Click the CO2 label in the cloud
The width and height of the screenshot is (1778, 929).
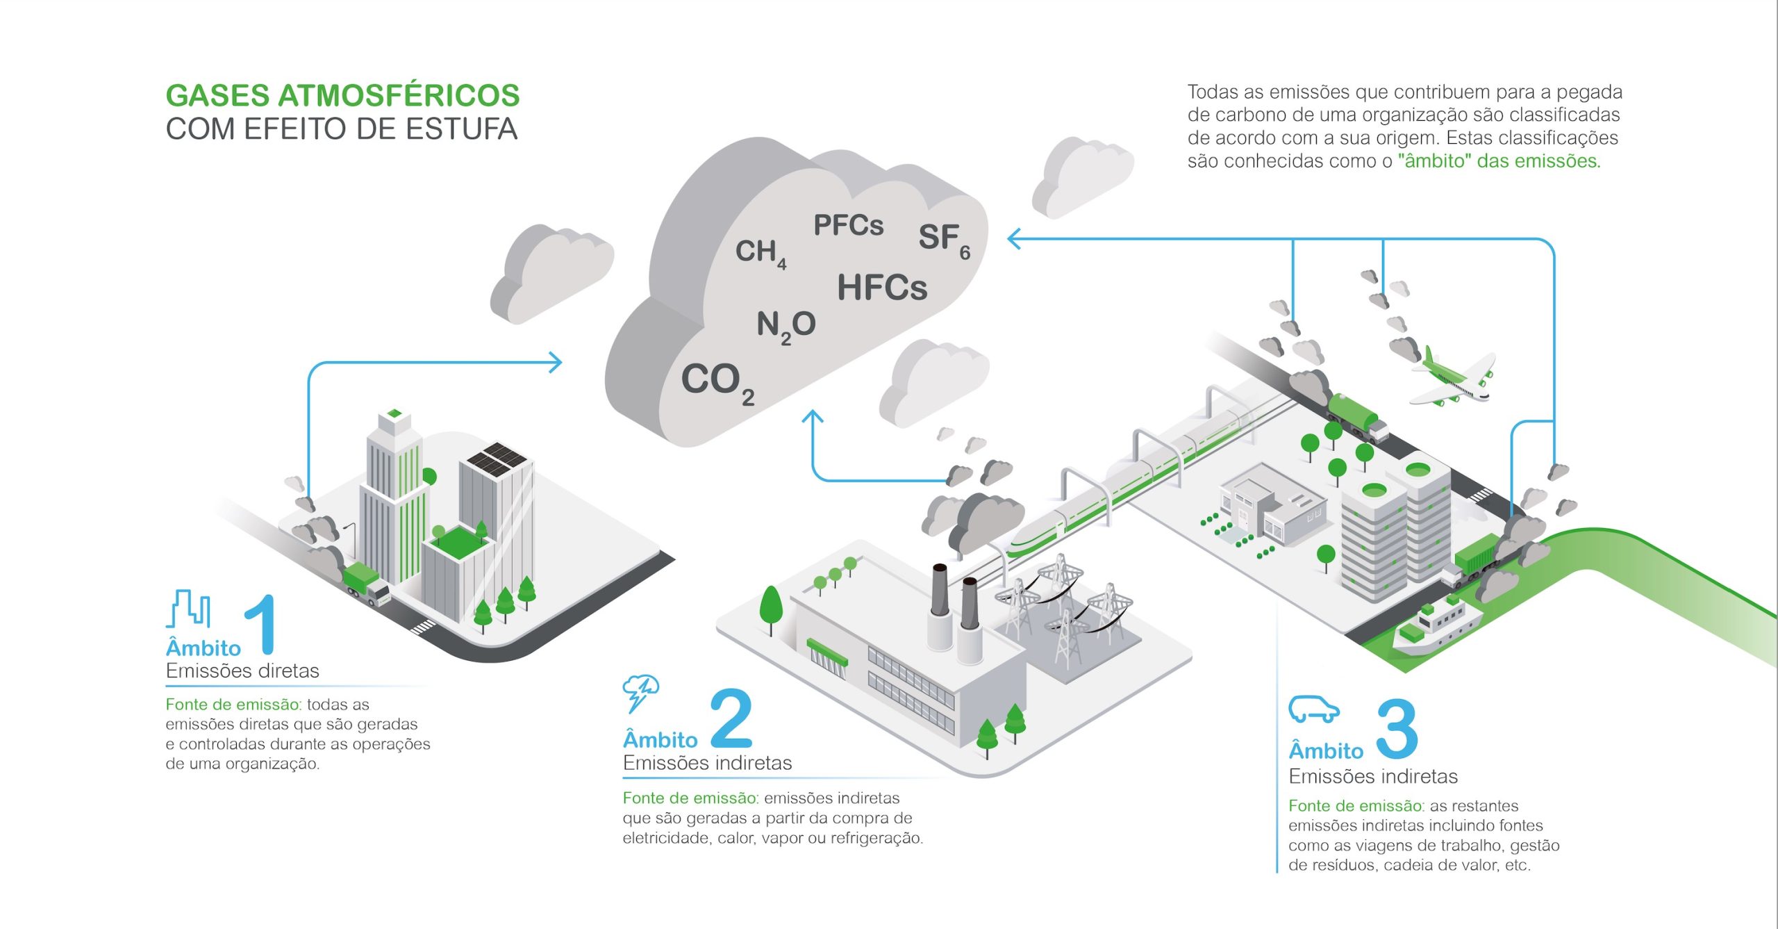pyautogui.click(x=716, y=383)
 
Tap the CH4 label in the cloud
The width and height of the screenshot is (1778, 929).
pyautogui.click(x=760, y=253)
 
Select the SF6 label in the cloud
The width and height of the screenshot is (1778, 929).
pyautogui.click(x=943, y=240)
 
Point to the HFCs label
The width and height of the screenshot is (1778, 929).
pyautogui.click(x=881, y=288)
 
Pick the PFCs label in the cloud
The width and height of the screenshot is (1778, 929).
pyautogui.click(x=848, y=225)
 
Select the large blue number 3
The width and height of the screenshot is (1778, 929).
pyautogui.click(x=1397, y=729)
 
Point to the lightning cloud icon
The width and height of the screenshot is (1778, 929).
pyautogui.click(x=640, y=692)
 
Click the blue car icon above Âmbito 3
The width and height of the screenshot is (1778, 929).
pyautogui.click(x=1313, y=710)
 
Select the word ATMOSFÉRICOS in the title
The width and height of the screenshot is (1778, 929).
pyautogui.click(x=399, y=96)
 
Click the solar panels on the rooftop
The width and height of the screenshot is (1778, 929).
pyautogui.click(x=497, y=458)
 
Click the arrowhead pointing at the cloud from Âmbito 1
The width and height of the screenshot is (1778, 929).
pyautogui.click(x=555, y=362)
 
